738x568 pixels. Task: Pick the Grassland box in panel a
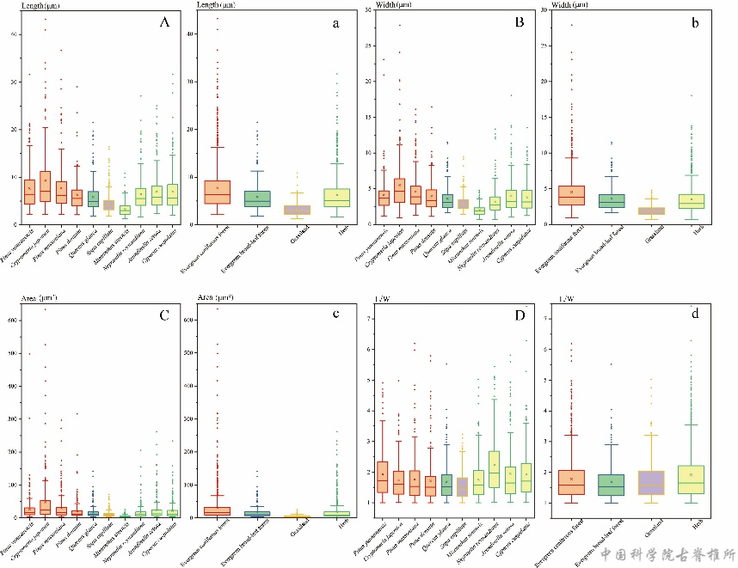tap(297, 210)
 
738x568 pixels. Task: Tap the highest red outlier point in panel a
tap(217, 18)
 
